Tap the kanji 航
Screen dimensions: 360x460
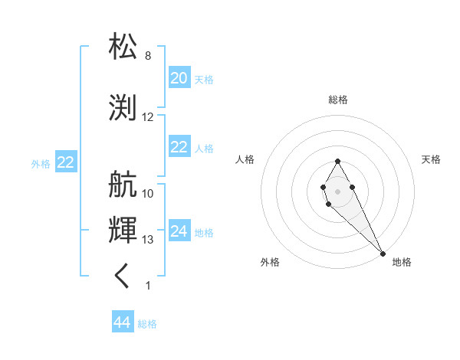[123, 184]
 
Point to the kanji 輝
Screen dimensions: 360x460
[123, 229]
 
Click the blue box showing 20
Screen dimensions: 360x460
[179, 78]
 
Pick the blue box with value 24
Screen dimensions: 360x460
[179, 231]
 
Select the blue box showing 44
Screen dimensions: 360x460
[123, 322]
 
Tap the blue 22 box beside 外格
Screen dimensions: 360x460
[65, 162]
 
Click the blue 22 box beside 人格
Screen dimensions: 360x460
[179, 147]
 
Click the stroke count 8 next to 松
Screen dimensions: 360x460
[147, 56]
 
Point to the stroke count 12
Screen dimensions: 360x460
[148, 117]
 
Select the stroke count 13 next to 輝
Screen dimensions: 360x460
[148, 240]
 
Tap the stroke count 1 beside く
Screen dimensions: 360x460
[148, 286]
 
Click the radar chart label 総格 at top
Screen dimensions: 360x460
[337, 100]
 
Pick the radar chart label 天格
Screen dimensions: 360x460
[431, 159]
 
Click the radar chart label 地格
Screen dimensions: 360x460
[402, 262]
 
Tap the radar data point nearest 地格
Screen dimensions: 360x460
[383, 254]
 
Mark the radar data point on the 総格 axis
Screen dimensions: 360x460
[337, 161]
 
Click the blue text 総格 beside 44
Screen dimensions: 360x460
[147, 324]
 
